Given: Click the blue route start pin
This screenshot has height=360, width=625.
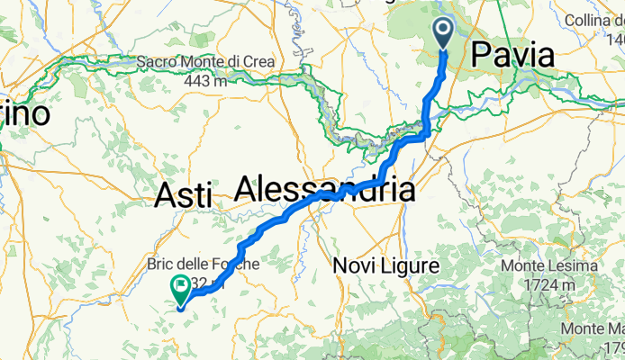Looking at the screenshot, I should coord(445,32).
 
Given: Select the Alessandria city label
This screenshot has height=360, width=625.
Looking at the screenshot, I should coord(325,190).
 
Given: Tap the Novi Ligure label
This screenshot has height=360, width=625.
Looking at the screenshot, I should coord(385,266).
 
